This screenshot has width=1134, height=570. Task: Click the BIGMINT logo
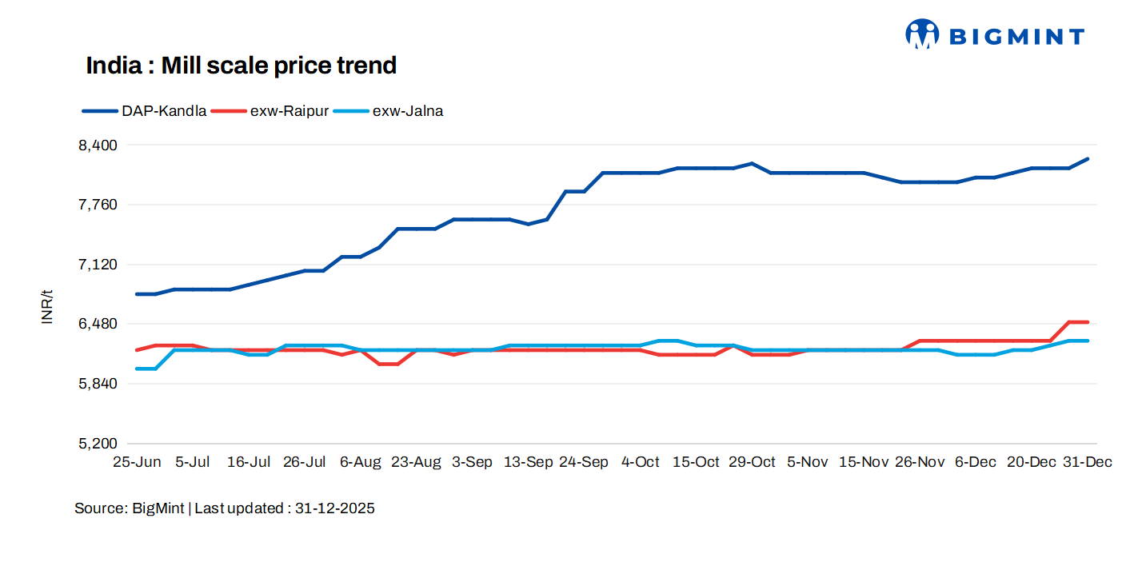click(994, 35)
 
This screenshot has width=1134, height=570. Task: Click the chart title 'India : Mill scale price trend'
click(241, 66)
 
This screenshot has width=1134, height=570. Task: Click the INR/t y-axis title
click(48, 307)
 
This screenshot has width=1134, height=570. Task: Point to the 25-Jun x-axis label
click(137, 462)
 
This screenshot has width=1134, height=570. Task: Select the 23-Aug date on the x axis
click(416, 462)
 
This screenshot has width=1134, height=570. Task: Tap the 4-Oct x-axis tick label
click(641, 462)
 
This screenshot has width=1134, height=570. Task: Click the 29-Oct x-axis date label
click(752, 462)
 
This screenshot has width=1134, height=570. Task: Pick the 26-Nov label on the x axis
click(920, 462)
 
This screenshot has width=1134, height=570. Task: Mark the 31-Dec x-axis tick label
click(1087, 462)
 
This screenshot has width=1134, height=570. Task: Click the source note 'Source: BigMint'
click(129, 508)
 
